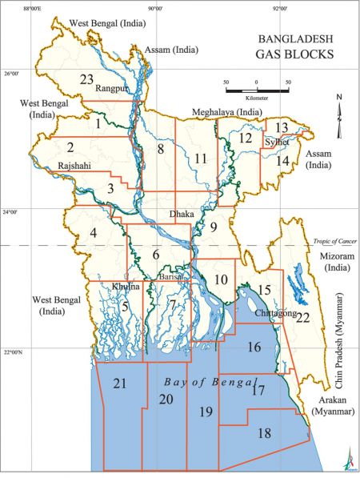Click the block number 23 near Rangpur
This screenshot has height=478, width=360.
87,78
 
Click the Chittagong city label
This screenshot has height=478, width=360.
274,314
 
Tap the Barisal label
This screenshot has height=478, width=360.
171,276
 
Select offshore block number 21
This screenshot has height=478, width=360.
120,384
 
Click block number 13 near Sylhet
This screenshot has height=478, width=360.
282,127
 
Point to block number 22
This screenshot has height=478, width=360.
302,317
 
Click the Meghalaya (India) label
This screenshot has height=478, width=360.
228,112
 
